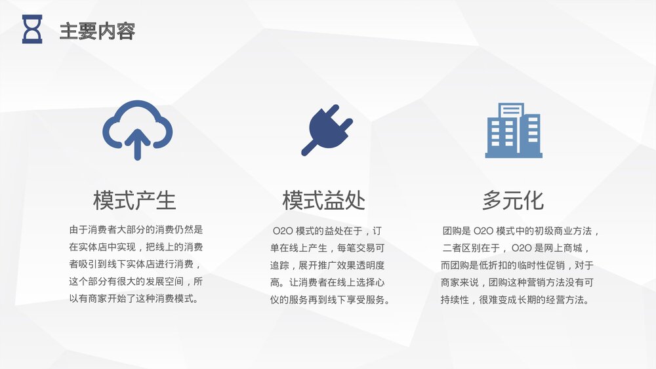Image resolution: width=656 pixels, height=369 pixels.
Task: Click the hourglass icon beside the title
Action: (32, 29)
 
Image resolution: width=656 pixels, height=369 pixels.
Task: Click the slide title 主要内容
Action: (97, 31)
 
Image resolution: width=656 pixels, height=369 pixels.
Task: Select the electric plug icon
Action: (326, 129)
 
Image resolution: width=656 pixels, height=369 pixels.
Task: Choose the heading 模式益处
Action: (323, 201)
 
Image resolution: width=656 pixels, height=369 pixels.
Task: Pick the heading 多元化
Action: (513, 201)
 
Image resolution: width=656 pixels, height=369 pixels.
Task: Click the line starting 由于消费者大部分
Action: (136, 230)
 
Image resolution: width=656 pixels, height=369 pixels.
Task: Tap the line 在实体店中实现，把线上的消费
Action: (136, 248)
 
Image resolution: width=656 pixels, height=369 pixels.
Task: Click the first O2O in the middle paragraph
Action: (283, 231)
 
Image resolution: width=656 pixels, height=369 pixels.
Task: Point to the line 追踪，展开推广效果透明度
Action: (327, 265)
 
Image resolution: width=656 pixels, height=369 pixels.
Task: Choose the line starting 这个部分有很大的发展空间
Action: (136, 282)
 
